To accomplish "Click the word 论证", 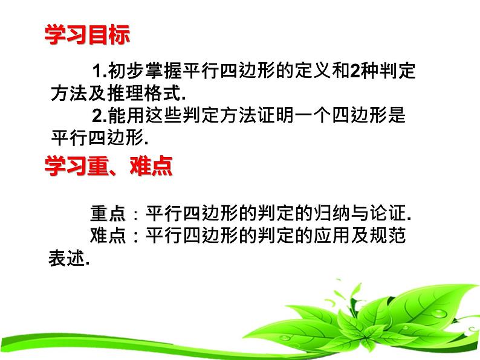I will pos(388,214).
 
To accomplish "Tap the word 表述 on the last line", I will pos(65,258).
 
